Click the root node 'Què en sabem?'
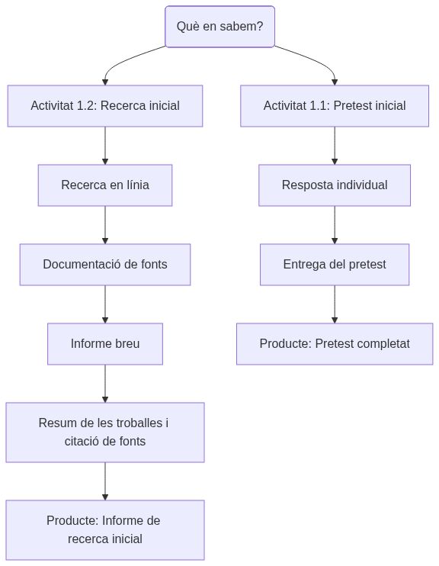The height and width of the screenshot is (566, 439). [219, 27]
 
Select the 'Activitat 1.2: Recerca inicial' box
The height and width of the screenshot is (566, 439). [105, 106]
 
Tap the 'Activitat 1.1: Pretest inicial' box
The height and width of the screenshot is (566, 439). [335, 106]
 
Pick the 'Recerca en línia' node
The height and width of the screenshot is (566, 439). [105, 185]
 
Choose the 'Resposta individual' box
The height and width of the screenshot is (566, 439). [335, 185]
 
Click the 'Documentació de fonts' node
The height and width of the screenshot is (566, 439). [105, 265]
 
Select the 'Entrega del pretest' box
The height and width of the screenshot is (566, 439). [335, 265]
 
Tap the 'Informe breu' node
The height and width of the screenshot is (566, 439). [105, 344]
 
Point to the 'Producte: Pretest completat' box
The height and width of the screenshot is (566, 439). [335, 344]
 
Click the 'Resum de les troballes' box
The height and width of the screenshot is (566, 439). [105, 433]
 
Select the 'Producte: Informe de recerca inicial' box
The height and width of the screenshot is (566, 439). [105, 530]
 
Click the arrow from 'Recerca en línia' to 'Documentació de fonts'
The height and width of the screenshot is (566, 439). [105, 225]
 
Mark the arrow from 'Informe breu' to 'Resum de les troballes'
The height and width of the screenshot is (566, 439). [105, 384]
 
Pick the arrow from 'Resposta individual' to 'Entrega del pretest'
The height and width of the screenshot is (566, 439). [335, 225]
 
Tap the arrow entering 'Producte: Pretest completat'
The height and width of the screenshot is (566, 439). [335, 304]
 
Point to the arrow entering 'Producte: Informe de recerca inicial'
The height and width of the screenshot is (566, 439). [105, 481]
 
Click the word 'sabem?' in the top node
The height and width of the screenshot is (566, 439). [244, 27]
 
